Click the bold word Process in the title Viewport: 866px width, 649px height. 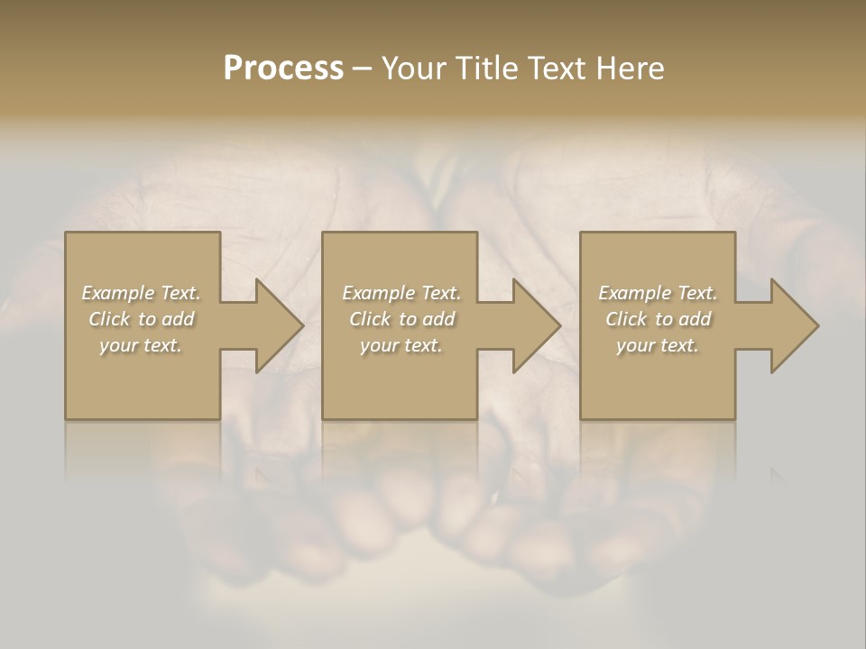283,69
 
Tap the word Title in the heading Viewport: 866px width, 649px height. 487,69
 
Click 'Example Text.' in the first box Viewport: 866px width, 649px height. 141,293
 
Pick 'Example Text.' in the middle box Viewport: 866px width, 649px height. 401,293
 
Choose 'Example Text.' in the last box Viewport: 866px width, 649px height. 658,293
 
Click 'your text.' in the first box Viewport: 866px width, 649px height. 141,345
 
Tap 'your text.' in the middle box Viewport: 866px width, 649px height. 401,345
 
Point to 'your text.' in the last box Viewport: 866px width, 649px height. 658,345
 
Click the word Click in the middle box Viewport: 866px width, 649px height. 370,319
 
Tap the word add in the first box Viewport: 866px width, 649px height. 178,319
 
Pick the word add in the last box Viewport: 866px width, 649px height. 695,319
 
